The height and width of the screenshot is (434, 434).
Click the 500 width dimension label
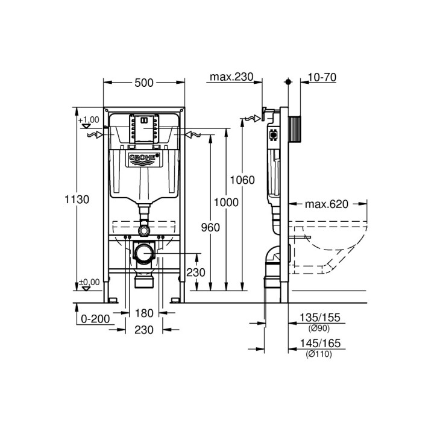[x=143, y=84]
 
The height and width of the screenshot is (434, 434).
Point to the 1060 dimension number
[x=243, y=180]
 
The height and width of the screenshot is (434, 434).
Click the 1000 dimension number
[x=226, y=203]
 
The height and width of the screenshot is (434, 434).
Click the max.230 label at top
[x=231, y=77]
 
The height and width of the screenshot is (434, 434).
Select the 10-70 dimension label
[x=322, y=77]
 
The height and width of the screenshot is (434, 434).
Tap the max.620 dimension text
[x=326, y=204]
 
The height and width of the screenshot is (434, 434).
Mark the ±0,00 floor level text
[x=89, y=281]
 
